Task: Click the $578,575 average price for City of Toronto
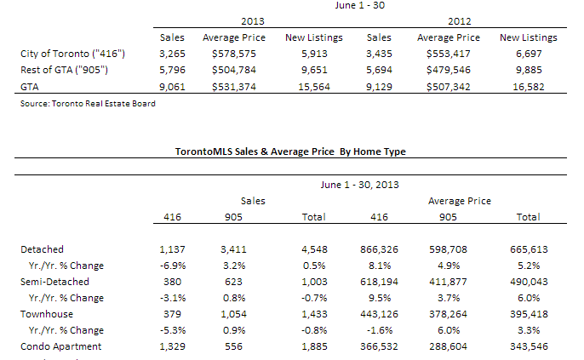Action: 234,54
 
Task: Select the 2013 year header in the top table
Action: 253,21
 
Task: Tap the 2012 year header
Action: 459,21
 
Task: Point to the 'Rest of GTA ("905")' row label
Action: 64,70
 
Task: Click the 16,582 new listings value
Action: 529,87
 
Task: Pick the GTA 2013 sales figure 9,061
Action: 172,87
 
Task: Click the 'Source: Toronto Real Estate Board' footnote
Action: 88,104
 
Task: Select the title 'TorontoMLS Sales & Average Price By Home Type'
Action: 290,151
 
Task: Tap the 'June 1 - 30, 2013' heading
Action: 360,185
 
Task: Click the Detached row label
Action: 42,249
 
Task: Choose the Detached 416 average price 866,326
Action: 379,249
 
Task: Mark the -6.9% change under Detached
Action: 172,266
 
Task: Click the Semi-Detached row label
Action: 54,282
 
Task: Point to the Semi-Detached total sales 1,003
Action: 314,282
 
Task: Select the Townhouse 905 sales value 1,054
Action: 233,314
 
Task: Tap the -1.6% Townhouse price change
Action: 379,330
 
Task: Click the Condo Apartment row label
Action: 60,346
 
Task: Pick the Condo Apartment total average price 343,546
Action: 529,346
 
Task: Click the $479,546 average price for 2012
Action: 449,70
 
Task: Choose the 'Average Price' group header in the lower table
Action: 459,201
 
